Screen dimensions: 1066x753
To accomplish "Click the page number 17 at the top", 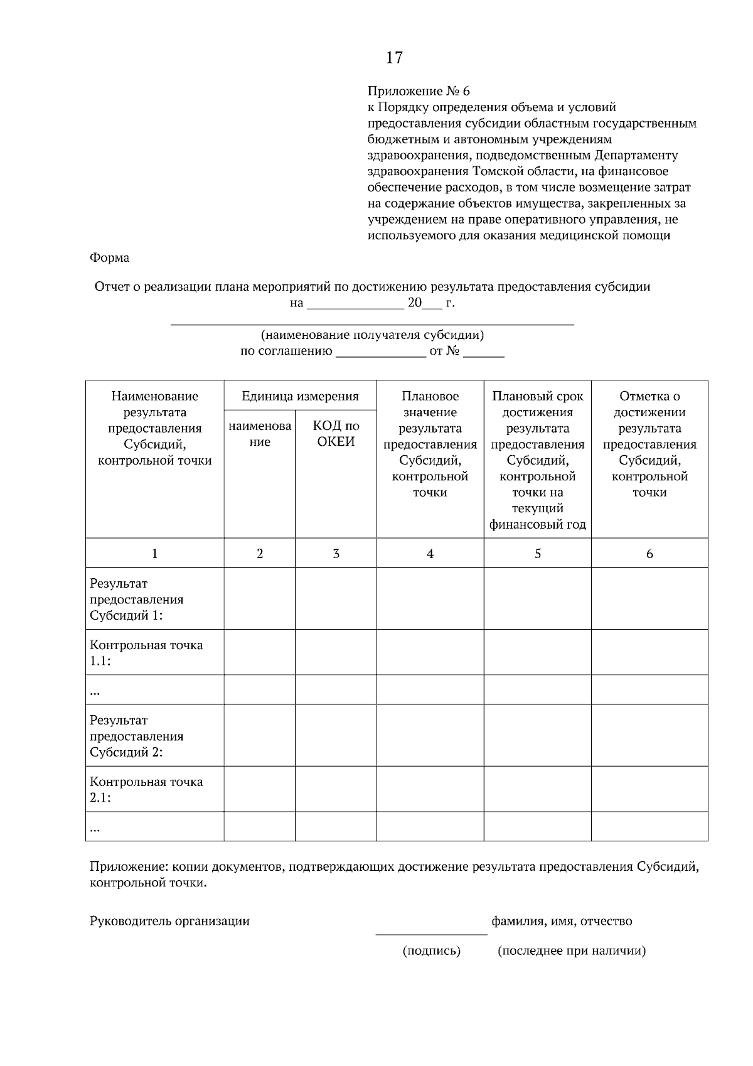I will point(394,58).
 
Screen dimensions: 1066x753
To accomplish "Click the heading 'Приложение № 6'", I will point(418,92).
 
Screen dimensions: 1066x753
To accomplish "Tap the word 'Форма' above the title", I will point(110,257).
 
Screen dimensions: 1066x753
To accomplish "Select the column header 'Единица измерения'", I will point(300,396).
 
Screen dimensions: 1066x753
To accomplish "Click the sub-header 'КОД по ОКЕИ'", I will point(336,433).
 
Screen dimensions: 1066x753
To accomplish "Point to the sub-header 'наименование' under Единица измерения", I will point(260,433).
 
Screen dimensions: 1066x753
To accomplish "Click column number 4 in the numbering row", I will point(430,553).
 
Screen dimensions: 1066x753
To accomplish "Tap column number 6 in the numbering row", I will point(649,553).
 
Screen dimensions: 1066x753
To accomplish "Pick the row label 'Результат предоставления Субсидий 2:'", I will point(137,736).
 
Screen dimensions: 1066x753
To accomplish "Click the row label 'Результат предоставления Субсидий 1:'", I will point(137,599).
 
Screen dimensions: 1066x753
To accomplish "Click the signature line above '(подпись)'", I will point(431,934).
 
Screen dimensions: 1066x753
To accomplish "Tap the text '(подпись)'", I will point(431,950).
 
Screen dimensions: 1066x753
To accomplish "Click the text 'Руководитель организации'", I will point(169,921).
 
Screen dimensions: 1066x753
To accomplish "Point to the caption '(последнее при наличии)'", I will point(571,950).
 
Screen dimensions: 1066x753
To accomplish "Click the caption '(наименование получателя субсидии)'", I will point(372,335).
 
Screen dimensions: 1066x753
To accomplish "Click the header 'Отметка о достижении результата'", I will point(649,443).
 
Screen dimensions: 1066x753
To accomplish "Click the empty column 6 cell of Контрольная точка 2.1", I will point(649,789).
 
